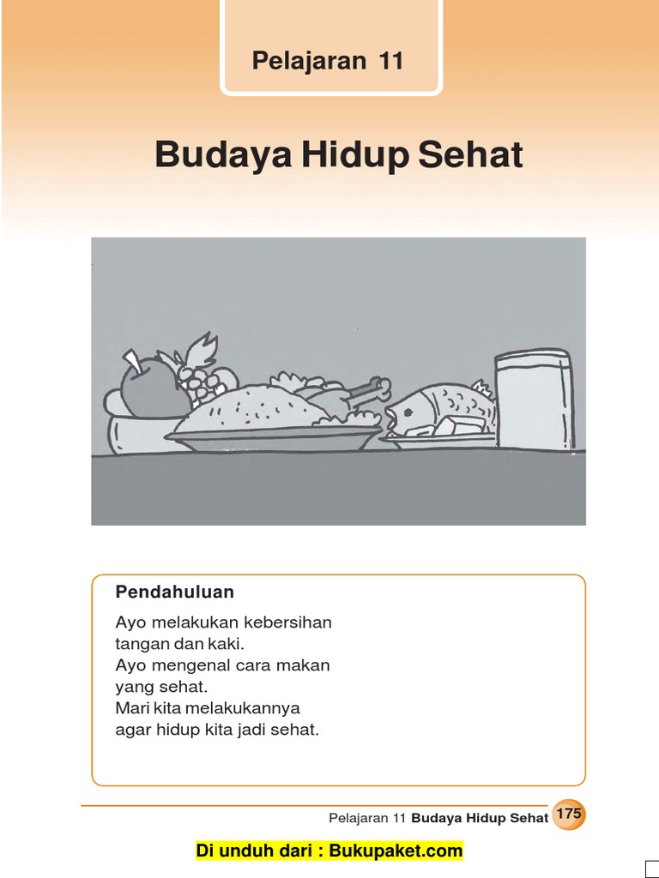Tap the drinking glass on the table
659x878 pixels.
point(533,400)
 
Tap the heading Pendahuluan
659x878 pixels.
point(175,592)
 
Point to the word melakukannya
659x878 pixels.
point(250,709)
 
